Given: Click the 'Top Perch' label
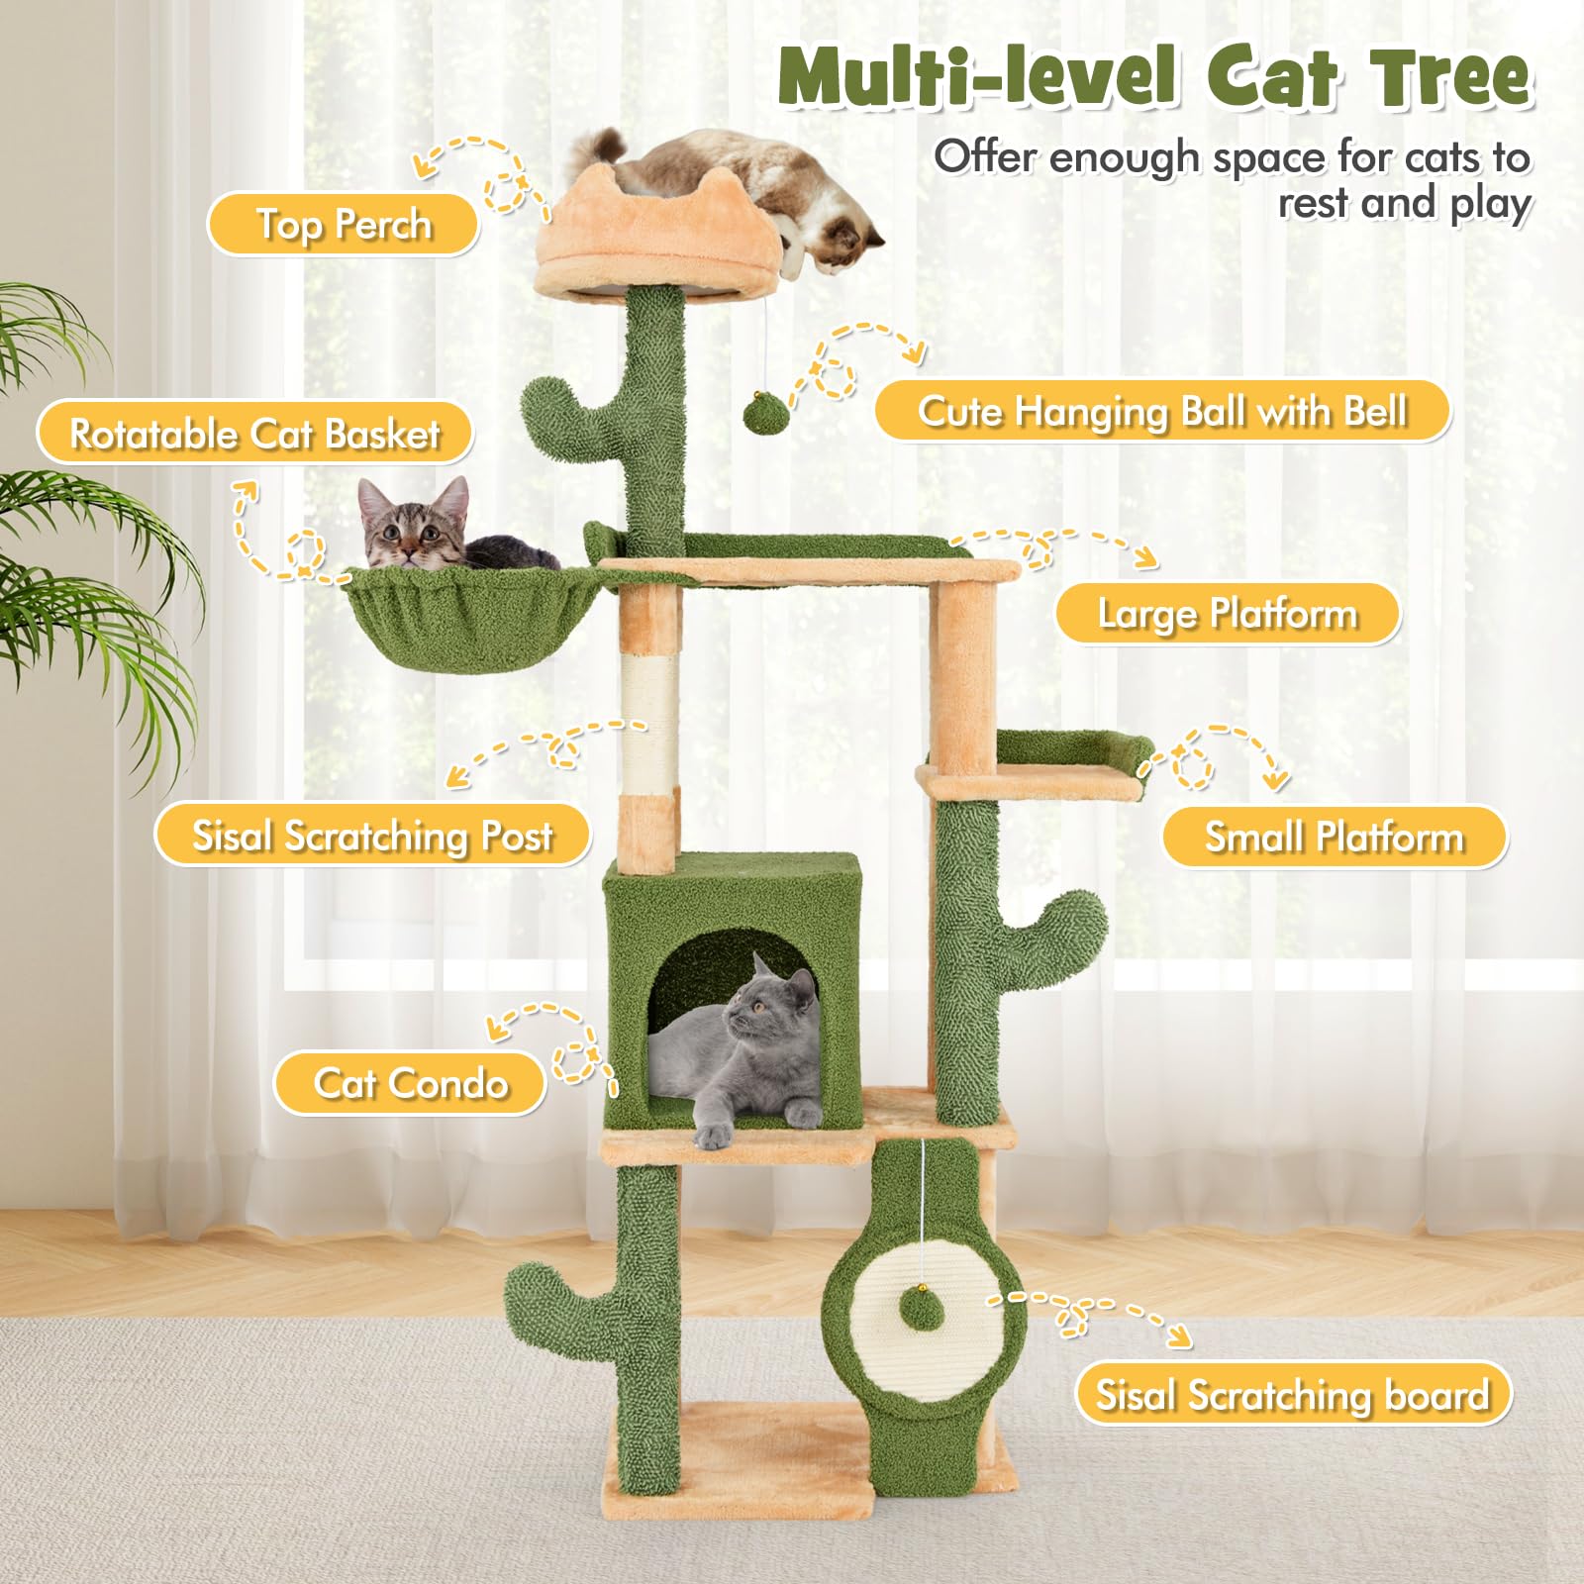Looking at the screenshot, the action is [x=344, y=224].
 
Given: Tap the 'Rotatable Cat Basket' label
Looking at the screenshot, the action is [x=254, y=434].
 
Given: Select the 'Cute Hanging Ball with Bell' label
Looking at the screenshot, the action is [x=1162, y=411].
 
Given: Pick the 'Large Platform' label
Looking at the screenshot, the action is [x=1228, y=614].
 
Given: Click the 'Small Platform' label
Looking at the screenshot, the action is [x=1335, y=838].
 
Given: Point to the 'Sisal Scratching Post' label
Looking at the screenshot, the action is [x=372, y=836].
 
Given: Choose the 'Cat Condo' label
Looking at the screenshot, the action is [x=410, y=1083].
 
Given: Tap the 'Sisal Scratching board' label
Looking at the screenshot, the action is [x=1293, y=1395].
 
